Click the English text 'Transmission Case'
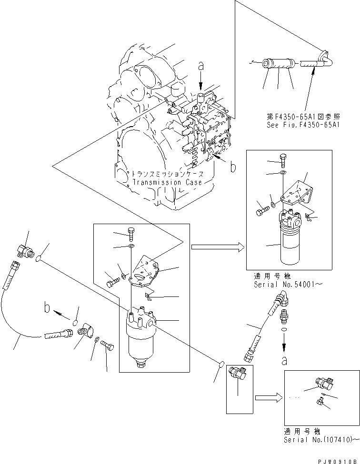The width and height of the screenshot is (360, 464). [x=163, y=182]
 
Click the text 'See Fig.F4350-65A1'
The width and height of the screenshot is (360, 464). [x=303, y=124]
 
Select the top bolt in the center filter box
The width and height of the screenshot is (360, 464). [x=131, y=234]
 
